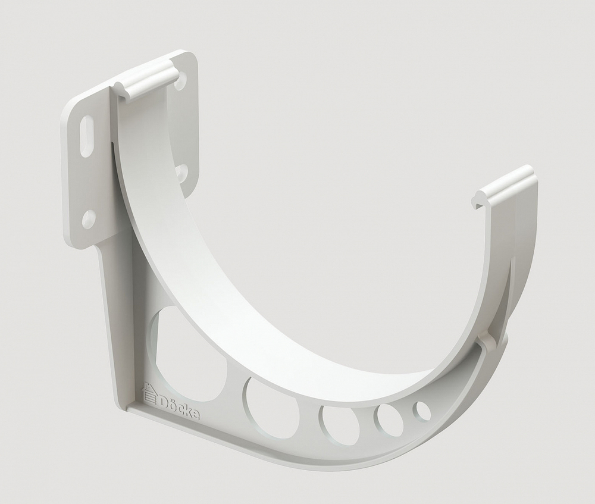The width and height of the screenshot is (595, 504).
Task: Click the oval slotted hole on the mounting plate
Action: tap(87, 136)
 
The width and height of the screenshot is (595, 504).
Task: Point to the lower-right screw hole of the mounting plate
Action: tap(181, 173)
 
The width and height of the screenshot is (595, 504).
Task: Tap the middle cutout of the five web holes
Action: tap(339, 425)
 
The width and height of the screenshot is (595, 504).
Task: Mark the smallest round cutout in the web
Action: tap(423, 411)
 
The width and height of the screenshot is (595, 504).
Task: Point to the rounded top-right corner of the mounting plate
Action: tap(192, 57)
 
